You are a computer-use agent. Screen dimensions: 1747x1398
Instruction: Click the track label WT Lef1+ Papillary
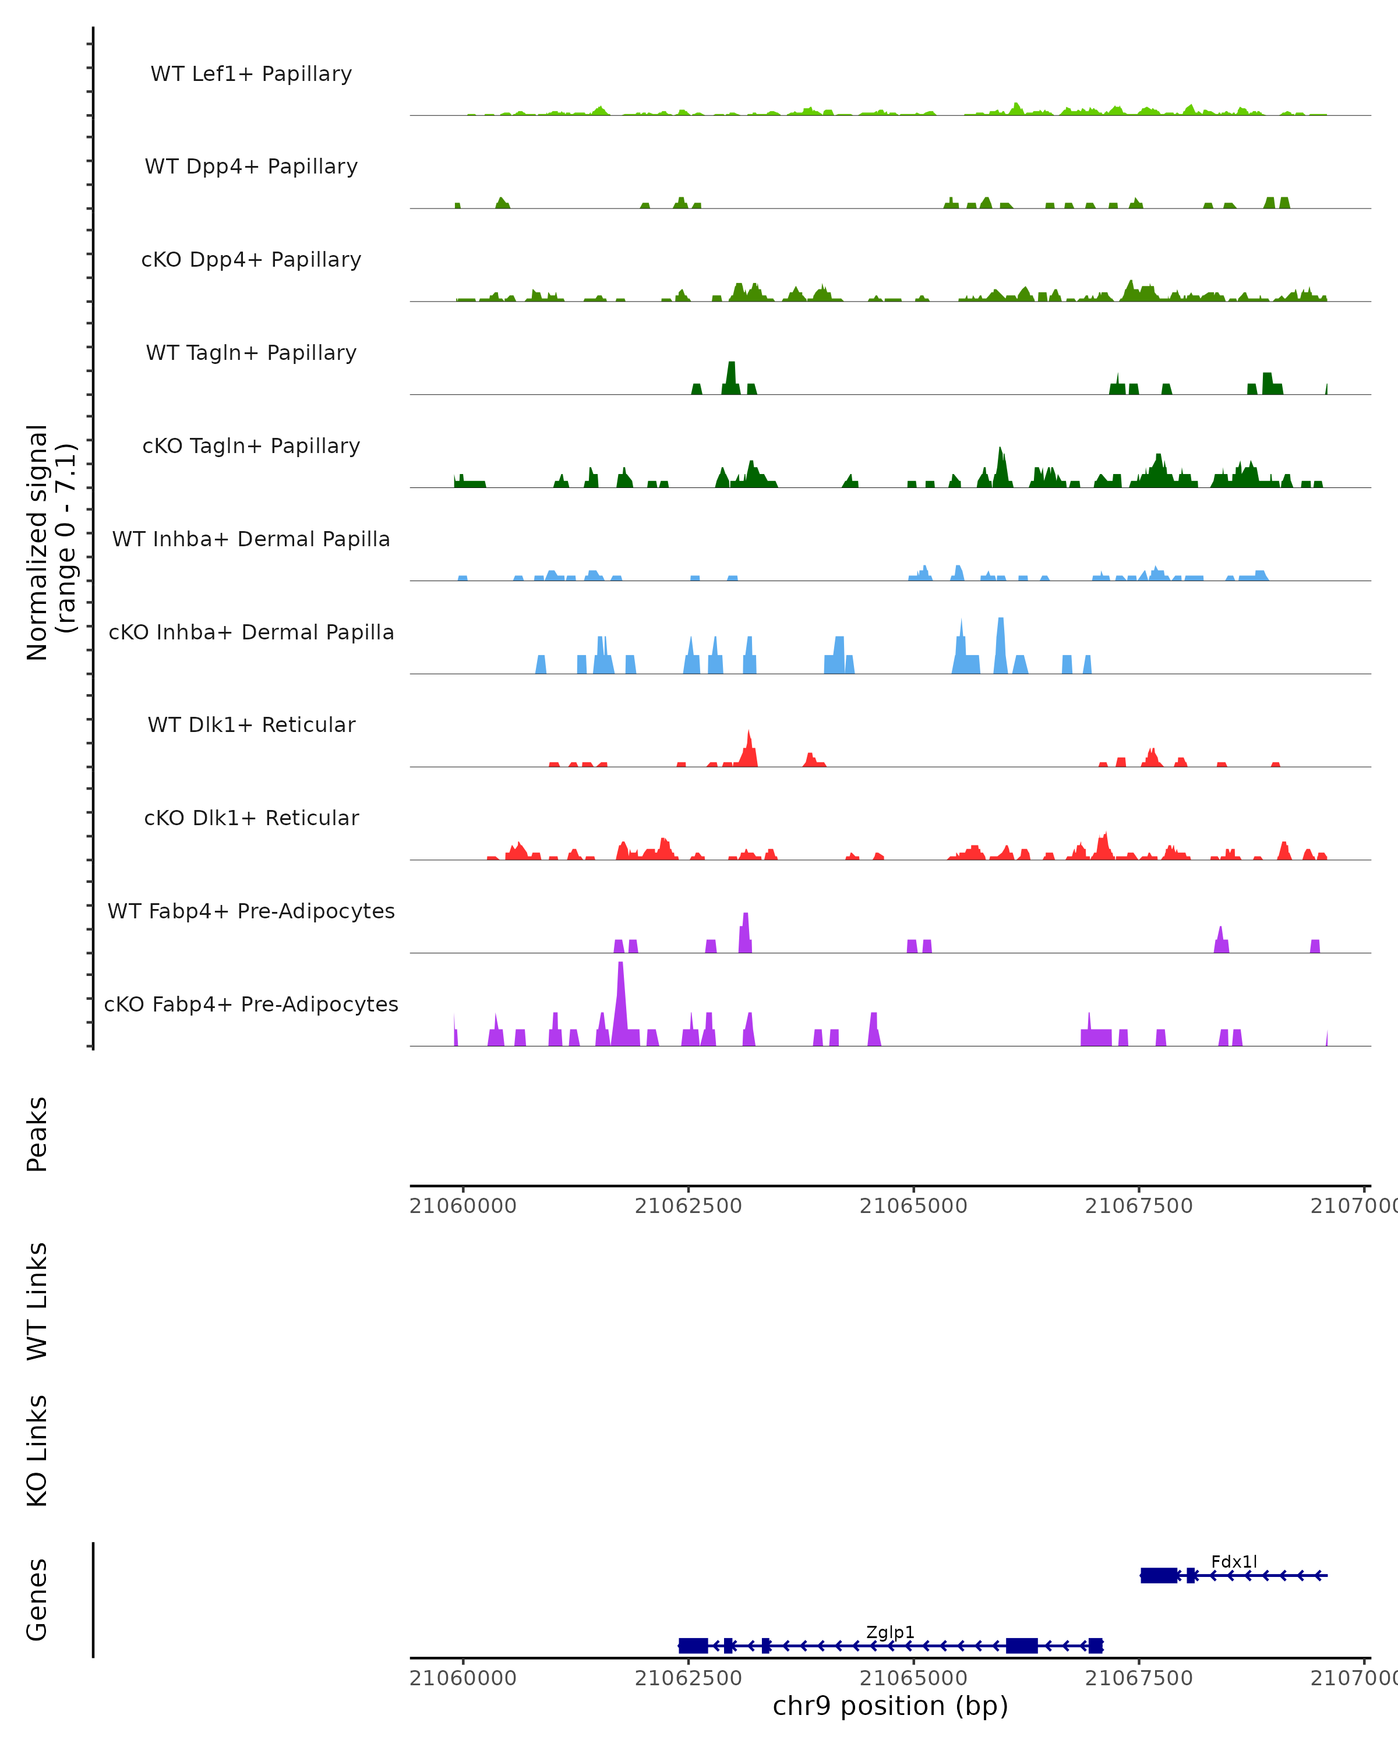[251, 74]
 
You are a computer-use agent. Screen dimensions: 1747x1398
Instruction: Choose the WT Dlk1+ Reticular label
[251, 724]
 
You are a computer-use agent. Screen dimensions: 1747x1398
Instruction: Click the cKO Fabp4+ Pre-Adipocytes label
[251, 1004]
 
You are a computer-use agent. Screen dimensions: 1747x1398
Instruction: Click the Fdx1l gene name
[1234, 1561]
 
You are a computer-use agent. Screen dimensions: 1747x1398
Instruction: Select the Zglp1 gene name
[890, 1632]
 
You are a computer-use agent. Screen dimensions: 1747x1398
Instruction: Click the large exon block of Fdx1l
[1159, 1575]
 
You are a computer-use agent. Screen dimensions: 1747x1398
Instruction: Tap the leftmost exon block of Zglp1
[693, 1646]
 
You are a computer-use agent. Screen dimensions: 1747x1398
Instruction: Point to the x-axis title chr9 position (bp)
[890, 1706]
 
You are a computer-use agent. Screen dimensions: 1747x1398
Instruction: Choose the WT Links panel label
[37, 1300]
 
